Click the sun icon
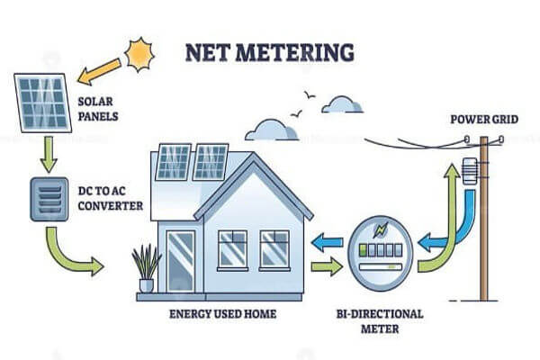coord(139,55)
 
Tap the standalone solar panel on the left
coord(42,103)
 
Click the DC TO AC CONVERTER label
coord(108,198)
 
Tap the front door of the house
coord(180,261)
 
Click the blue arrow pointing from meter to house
coord(326,241)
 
